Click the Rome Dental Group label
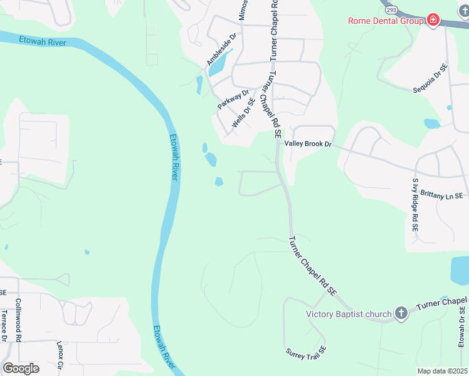click(x=386, y=21)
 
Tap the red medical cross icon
click(x=433, y=21)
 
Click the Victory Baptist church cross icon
click(x=401, y=313)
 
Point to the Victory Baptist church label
click(x=349, y=314)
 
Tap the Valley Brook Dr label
click(x=307, y=144)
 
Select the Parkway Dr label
click(x=233, y=99)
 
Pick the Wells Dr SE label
click(x=243, y=113)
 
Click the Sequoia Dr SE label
click(x=430, y=78)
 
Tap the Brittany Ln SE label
click(x=441, y=196)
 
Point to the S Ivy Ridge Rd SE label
click(x=414, y=205)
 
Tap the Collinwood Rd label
click(x=19, y=320)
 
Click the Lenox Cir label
click(x=61, y=355)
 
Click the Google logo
click(x=21, y=368)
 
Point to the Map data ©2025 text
click(x=441, y=371)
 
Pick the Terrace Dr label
click(x=4, y=326)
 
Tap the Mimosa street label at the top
click(x=244, y=9)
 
